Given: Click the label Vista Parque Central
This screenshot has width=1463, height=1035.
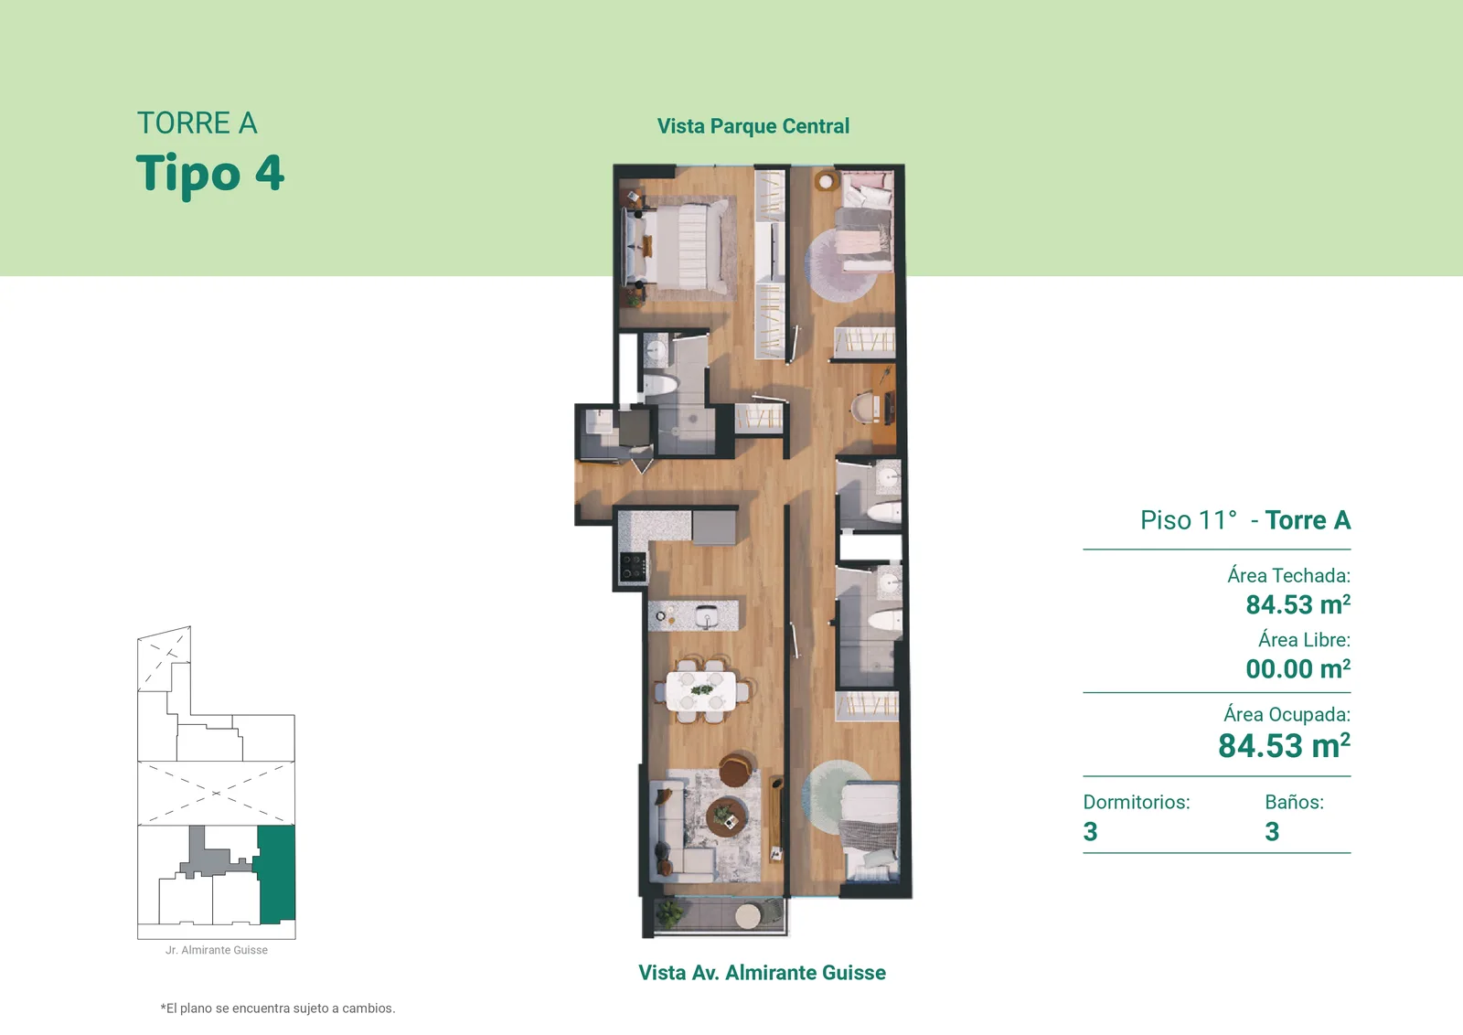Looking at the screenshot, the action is point(753,126).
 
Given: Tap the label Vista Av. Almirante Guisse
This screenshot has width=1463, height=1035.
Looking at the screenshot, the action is point(762,972).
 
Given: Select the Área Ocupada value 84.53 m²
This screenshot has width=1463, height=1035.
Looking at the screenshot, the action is point(1284,746).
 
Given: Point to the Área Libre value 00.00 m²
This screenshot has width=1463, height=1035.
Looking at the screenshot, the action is point(1297,668).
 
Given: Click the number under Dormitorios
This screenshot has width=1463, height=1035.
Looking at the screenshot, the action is point(1090,831).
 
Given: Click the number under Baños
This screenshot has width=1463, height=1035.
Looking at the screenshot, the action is point(1272,831).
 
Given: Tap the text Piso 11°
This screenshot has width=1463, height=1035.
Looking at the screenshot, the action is point(1189,520).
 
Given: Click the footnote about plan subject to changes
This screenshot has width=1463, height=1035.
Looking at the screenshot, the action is point(278,1008).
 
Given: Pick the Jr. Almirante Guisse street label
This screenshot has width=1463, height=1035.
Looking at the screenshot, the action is point(216,950).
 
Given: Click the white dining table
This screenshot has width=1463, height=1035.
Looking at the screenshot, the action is point(700,690).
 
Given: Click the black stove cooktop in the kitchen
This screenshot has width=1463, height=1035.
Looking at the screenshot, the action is point(633,567).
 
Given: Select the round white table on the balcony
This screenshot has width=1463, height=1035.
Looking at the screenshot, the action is point(748,916).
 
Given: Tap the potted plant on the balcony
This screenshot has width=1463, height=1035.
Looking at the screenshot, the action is point(668,912).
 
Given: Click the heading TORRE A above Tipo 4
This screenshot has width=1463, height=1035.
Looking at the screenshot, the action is point(197,123).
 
